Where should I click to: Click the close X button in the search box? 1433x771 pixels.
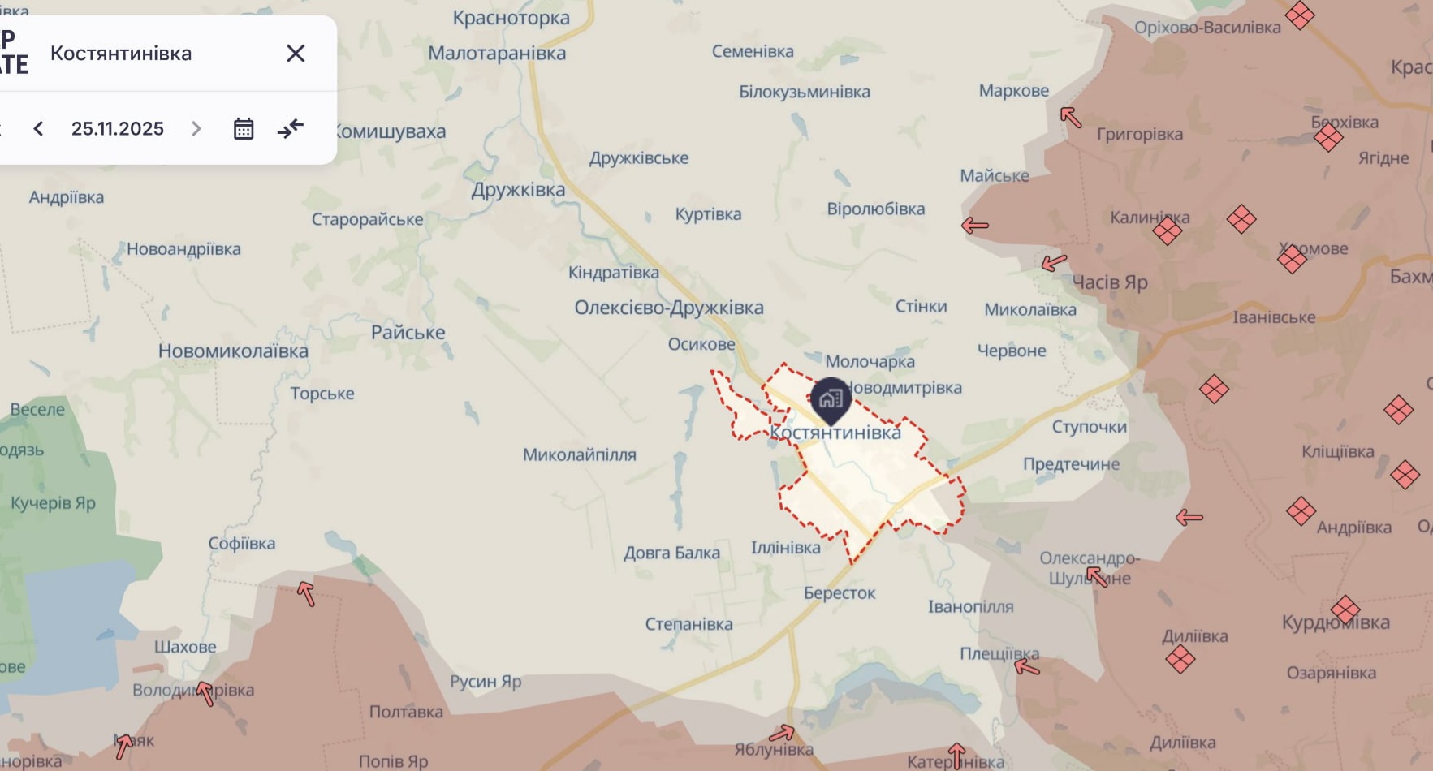coord(296,54)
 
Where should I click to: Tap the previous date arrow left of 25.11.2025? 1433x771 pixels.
coord(38,129)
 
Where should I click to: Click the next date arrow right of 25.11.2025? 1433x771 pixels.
coord(196,129)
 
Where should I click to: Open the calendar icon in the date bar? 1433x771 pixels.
coord(244,129)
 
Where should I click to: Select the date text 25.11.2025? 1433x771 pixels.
coord(118,129)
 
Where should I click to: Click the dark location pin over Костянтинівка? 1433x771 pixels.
coord(830,399)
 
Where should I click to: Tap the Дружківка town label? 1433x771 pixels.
coord(518,190)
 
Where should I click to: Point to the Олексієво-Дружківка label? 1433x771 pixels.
coord(669,308)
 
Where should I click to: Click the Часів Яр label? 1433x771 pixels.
coord(1110,282)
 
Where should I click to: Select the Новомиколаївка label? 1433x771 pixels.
coord(233,351)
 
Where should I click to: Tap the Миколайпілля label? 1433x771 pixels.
coord(579,454)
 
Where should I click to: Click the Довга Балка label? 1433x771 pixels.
coord(671,553)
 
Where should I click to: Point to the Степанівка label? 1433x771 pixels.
coord(688,624)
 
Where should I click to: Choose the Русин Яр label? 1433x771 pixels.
coord(486,681)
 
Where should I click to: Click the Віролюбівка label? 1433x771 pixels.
coord(875,209)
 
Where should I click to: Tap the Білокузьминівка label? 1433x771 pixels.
coord(804,92)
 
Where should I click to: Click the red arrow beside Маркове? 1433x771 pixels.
coord(1071,118)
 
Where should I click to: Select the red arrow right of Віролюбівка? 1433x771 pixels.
coord(975,226)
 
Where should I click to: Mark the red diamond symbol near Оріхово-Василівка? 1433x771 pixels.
coord(1300,15)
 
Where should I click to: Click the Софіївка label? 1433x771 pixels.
coord(242,544)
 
